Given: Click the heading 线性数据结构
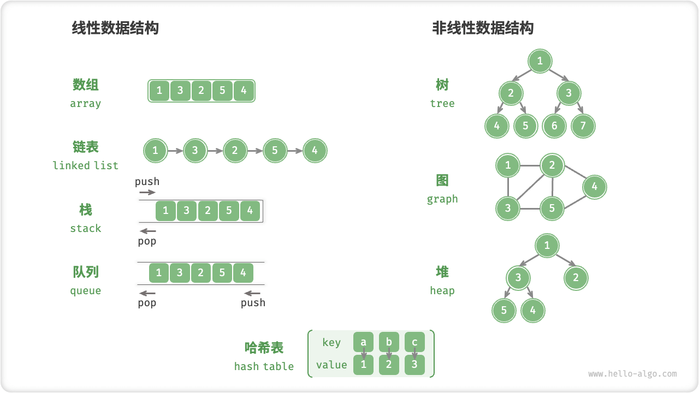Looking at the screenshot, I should click(115, 28).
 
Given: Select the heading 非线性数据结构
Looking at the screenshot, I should click(483, 28).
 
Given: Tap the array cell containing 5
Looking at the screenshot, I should click(222, 91).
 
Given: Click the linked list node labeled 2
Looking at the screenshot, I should click(235, 151).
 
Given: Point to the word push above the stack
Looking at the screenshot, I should click(147, 181).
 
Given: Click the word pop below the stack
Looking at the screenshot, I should click(147, 241).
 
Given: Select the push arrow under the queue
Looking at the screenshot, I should click(252, 294).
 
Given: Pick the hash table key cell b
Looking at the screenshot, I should click(389, 342).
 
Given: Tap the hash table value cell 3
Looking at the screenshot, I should click(414, 365).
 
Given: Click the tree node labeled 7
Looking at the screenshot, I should click(583, 126).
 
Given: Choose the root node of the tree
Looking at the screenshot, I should click(540, 61).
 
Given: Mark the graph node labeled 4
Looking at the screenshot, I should click(594, 187).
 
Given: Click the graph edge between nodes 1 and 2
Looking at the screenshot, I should click(530, 165).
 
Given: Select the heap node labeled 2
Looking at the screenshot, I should click(576, 278).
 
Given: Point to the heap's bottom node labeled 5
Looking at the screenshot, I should click(503, 311).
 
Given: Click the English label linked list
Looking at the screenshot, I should click(85, 165).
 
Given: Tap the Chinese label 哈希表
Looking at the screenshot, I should click(264, 348).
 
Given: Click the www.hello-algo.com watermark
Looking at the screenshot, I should click(632, 374).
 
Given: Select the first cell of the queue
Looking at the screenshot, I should click(159, 272).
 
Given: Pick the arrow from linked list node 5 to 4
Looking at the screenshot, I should click(295, 151).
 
